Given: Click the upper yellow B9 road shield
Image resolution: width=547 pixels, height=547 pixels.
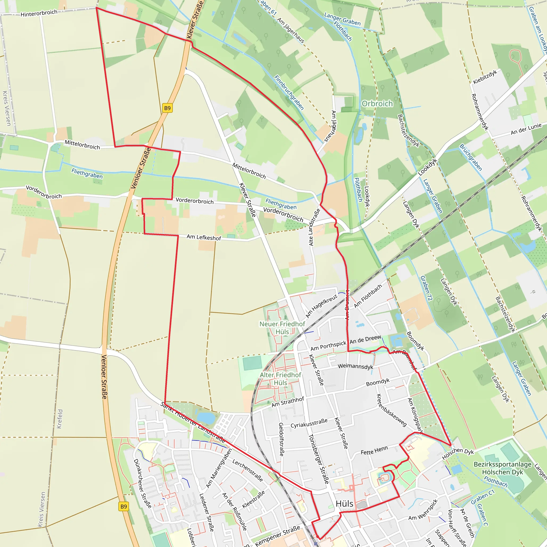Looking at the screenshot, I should point(167,108).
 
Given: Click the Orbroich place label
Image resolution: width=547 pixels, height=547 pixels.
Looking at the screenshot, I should point(377,104).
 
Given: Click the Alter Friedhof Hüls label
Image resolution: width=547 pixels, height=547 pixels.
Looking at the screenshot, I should point(281,379).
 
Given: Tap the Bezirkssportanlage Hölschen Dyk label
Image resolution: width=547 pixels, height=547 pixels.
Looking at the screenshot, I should point(503,468).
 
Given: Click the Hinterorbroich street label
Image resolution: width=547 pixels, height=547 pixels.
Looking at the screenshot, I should point(39,13).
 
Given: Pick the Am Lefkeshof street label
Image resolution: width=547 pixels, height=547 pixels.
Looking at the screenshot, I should point(204,237).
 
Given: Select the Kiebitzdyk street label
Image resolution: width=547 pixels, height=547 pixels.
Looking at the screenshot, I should point(485,77).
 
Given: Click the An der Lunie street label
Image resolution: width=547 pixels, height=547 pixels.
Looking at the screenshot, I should point(526,129).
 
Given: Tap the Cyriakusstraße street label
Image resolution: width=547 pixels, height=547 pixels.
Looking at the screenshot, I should point(309,423).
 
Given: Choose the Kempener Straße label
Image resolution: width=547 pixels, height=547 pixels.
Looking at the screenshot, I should point(278,536).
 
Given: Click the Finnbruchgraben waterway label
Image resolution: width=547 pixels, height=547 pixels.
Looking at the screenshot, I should point(289,93).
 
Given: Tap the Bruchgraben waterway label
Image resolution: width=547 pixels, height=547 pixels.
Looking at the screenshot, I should point(470,157).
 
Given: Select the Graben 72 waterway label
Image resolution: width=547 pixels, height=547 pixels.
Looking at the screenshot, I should point(426,288).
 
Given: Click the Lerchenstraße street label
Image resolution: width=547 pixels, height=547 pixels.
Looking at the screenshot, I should point(248,471).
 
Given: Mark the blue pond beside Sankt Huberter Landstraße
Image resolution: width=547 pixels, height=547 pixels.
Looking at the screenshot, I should point(206,418).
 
